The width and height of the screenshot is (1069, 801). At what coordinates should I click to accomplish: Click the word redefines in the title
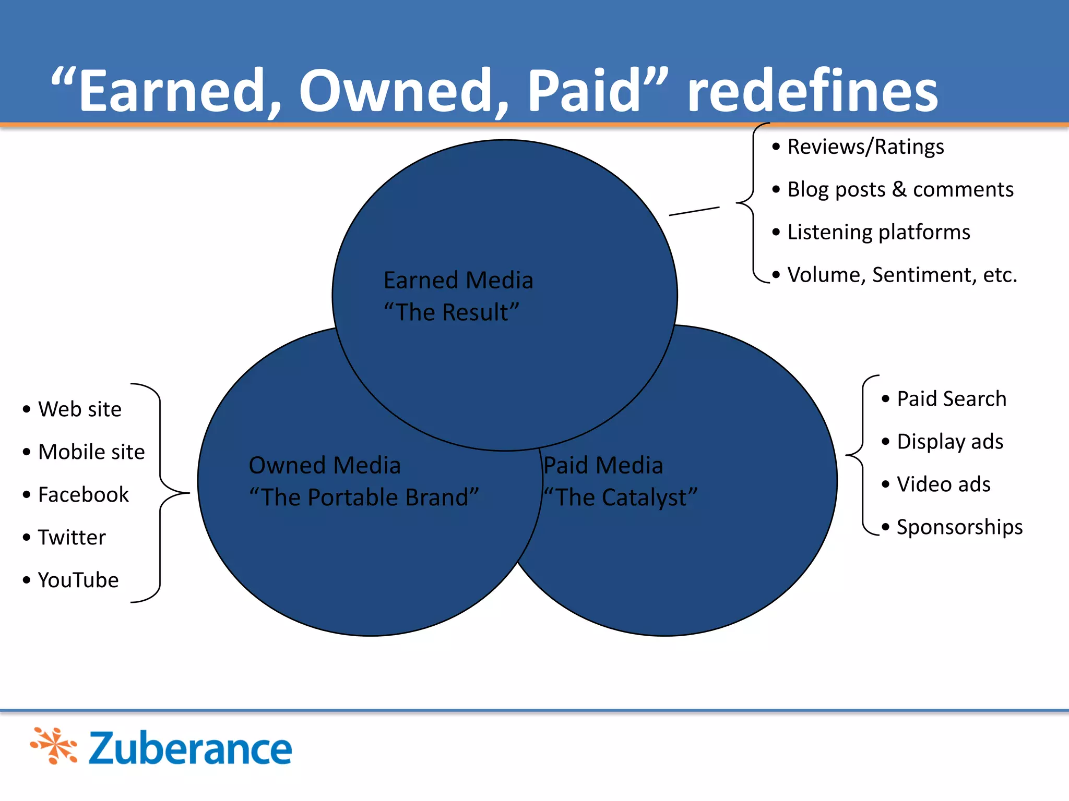812,92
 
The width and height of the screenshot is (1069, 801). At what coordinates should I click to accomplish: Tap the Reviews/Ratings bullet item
865,147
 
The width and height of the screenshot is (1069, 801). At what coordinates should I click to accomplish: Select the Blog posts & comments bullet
900,189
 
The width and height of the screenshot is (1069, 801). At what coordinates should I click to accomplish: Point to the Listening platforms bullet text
878,232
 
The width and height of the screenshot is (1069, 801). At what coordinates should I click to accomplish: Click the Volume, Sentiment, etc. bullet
902,275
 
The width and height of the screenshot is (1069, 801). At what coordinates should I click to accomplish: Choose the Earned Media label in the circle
458,281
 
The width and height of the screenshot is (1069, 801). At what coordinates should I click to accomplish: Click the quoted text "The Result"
452,312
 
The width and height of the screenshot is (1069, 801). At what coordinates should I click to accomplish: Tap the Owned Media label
325,465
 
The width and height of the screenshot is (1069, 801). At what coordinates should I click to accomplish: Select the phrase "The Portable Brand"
364,497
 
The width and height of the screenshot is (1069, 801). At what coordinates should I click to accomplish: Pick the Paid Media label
603,465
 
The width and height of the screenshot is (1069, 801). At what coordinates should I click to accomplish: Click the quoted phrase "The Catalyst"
621,497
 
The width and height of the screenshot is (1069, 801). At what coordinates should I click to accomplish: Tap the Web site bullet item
79,409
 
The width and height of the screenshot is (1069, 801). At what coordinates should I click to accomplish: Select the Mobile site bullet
91,452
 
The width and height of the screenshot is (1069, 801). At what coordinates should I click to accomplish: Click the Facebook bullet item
83,495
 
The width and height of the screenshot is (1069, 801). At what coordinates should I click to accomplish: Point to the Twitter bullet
72,538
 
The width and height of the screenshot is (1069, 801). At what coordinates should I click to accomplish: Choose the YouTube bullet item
78,580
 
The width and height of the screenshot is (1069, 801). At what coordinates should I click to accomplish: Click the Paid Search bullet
951,399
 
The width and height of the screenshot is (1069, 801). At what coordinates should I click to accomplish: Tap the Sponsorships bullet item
959,527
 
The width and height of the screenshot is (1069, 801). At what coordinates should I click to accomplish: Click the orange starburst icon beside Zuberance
54,746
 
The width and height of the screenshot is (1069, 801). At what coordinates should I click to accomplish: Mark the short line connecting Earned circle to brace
694,211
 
